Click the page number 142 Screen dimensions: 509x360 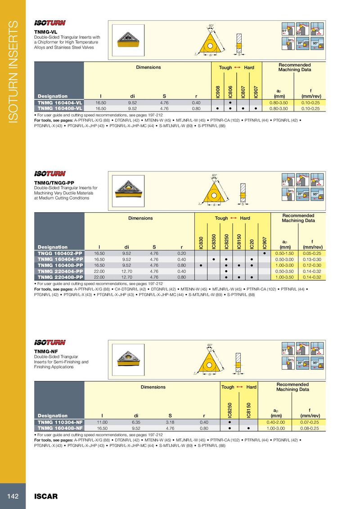(x=12, y=496)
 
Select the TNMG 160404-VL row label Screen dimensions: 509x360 (x=59, y=103)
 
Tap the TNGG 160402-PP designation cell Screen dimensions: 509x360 (x=59, y=254)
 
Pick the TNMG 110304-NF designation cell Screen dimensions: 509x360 (x=59, y=423)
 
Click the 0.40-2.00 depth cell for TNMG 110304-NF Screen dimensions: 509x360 (x=274, y=423)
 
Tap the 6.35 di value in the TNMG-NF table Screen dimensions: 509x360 (x=136, y=423)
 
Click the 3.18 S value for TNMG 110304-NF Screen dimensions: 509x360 (x=170, y=423)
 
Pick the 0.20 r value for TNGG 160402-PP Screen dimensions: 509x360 (x=182, y=254)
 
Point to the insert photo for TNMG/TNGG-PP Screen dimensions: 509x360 (x=129, y=190)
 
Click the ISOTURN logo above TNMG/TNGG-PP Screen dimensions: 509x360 (x=50, y=174)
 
